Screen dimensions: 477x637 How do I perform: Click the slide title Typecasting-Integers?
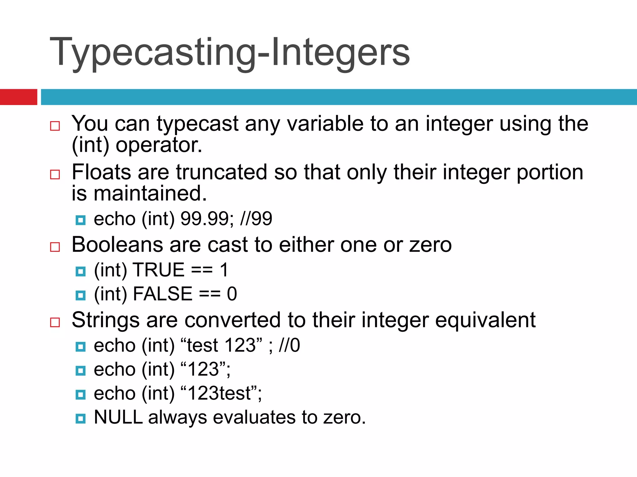point(230,52)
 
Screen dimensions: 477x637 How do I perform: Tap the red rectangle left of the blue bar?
point(18,97)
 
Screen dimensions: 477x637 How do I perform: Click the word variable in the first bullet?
point(325,124)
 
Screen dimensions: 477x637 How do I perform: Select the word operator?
point(159,145)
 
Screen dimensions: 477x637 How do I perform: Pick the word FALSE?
point(163,294)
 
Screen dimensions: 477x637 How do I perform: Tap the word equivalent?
point(485,320)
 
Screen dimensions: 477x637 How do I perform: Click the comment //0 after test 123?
point(289,345)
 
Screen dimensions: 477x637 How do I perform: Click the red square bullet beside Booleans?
point(55,247)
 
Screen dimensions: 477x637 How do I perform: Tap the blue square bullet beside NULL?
point(81,419)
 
